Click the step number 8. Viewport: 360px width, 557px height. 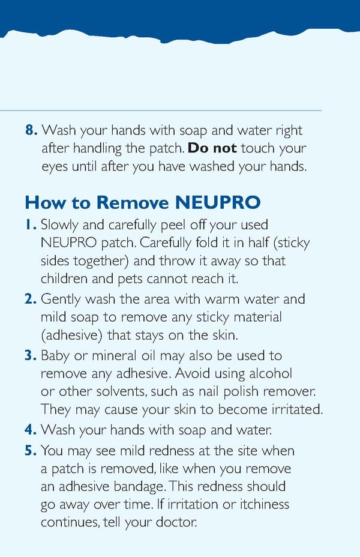tap(32, 130)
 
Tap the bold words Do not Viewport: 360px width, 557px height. tap(212, 148)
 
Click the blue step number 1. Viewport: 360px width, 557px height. tap(32, 225)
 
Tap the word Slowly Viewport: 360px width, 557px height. tap(61, 225)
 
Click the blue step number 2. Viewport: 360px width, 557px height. tap(32, 299)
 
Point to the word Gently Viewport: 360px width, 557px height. tap(61, 299)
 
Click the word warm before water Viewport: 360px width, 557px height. tap(221, 299)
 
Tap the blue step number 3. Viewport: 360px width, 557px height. tap(32, 355)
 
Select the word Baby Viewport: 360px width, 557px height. tap(55, 355)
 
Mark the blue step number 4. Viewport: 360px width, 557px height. tap(32, 430)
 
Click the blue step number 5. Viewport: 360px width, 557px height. tap(32, 450)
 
